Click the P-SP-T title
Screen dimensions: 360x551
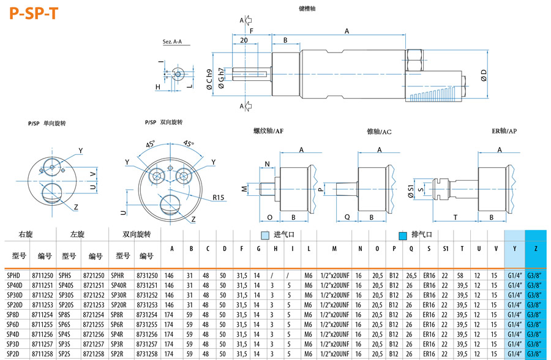[34, 13]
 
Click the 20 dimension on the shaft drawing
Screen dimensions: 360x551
[244, 40]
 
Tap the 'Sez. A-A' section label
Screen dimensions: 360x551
[173, 42]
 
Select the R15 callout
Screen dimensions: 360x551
[219, 197]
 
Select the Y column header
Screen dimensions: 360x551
[514, 249]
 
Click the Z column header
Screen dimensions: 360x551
[536, 249]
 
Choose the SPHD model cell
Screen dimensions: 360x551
[13, 276]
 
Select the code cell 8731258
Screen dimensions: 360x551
[147, 354]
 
